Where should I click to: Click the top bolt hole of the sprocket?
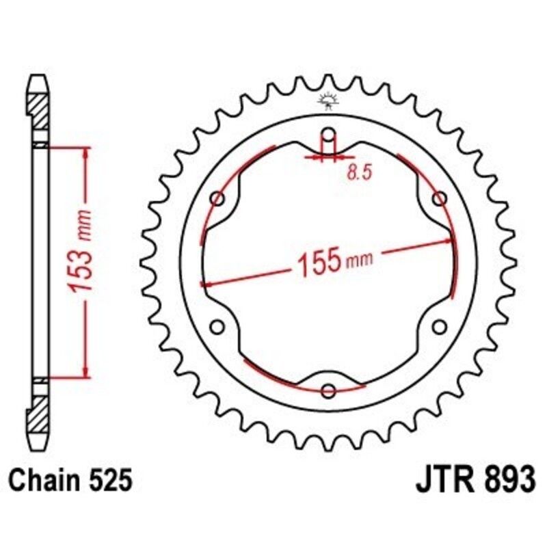[329, 133]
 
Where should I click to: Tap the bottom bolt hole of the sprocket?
[329, 390]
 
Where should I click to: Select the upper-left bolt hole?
[219, 199]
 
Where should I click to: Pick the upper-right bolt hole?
[440, 198]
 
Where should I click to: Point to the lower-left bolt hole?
[219, 326]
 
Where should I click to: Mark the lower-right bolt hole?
[440, 326]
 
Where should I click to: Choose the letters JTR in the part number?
[441, 480]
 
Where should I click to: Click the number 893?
[505, 480]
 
